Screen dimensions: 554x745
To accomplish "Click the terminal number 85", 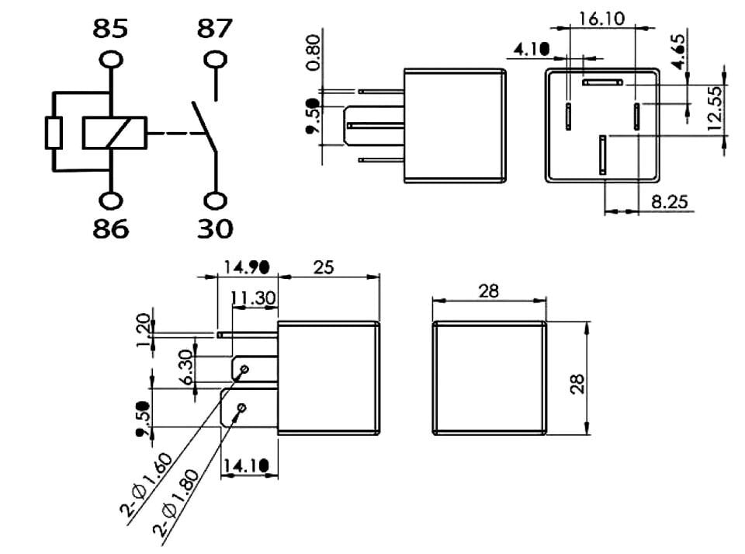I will click(x=110, y=30).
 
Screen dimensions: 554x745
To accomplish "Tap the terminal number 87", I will click(x=215, y=30).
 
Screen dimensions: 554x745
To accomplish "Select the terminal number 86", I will click(x=110, y=228).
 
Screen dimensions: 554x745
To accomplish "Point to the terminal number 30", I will click(x=214, y=228).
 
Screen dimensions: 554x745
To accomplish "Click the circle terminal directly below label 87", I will click(x=215, y=60).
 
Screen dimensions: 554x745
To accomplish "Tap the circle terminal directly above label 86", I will click(x=111, y=200).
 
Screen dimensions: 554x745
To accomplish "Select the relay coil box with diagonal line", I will click(x=114, y=132).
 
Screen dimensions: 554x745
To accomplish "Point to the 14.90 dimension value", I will click(x=246, y=267).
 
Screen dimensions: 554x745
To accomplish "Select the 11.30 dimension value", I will click(x=255, y=297).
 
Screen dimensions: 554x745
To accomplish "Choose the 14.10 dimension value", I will click(x=247, y=465).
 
